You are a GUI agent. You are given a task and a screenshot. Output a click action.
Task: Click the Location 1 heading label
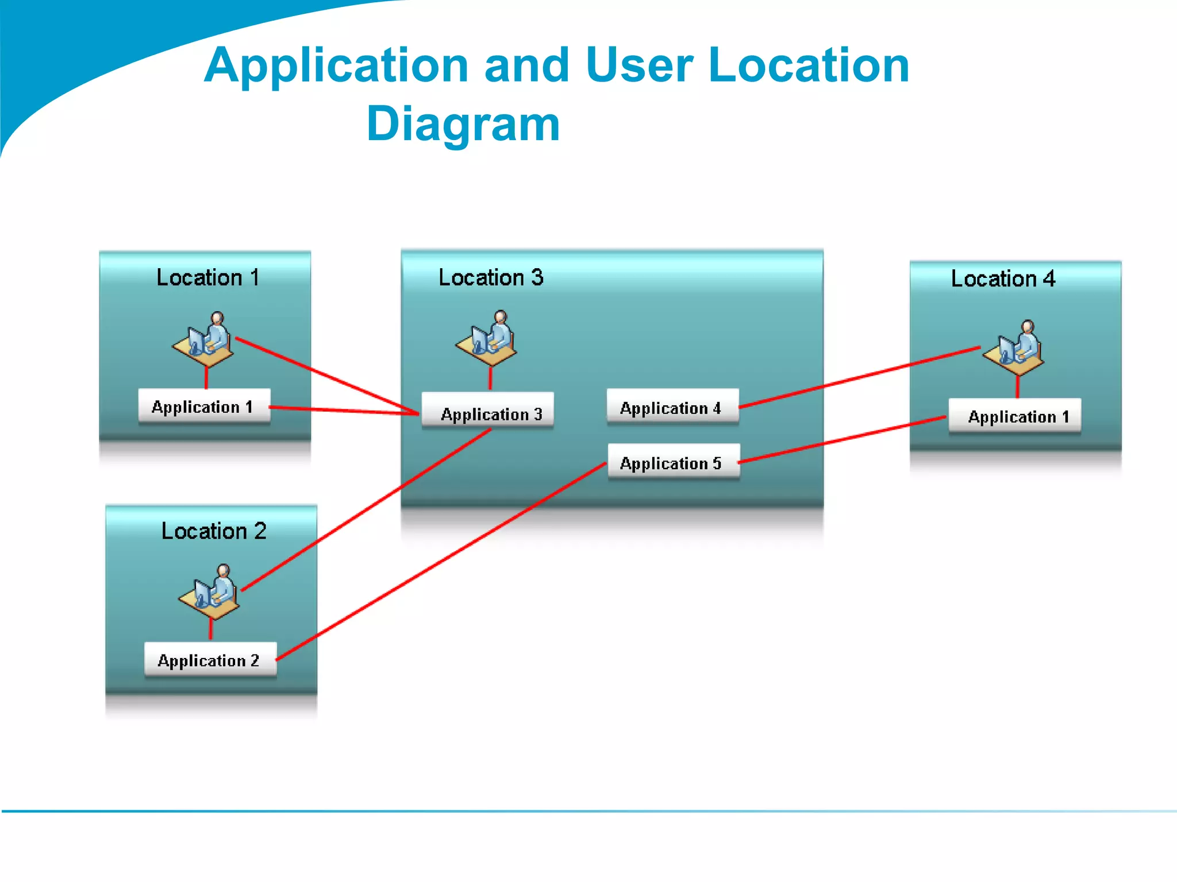click(x=207, y=278)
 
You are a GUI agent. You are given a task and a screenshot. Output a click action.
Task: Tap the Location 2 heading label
click(x=214, y=531)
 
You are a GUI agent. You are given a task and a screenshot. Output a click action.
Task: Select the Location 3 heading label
click(x=491, y=278)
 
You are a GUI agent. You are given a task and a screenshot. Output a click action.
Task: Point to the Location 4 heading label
click(x=1003, y=279)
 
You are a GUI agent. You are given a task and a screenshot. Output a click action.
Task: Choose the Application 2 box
click(x=210, y=660)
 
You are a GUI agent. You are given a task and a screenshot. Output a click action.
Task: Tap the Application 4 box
click(x=672, y=408)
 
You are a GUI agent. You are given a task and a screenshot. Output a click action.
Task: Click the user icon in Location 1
click(x=204, y=340)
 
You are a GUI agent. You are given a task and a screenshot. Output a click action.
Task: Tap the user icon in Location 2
click(x=210, y=593)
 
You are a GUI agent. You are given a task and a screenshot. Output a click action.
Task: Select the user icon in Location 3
click(x=487, y=339)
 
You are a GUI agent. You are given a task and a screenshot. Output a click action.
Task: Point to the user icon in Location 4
click(x=1015, y=349)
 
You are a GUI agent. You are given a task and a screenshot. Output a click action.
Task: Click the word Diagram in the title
click(x=463, y=124)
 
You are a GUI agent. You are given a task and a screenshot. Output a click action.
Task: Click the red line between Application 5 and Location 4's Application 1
click(x=842, y=439)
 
